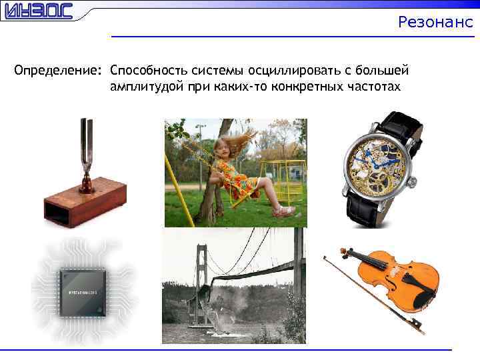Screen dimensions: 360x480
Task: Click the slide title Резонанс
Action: click(435, 22)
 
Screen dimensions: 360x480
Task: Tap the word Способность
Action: click(149, 71)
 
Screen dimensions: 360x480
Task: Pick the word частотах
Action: click(373, 87)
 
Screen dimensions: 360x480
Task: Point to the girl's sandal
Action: click(286, 212)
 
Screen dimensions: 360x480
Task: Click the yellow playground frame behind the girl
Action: click(283, 177)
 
